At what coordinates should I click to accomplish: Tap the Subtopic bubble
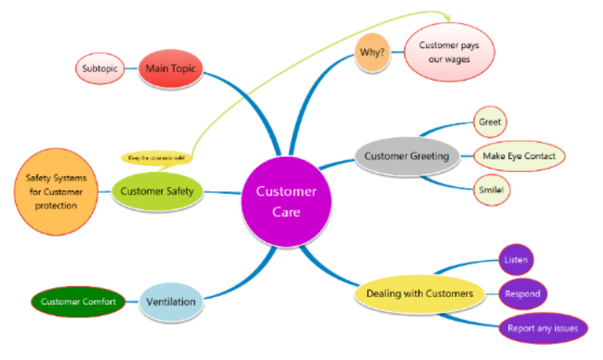tap(99, 68)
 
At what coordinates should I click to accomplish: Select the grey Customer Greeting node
tap(407, 156)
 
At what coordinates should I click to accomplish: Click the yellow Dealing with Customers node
tap(425, 293)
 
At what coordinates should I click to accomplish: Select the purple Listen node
tap(515, 260)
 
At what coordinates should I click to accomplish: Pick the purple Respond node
tap(522, 295)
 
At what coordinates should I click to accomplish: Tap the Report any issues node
tap(542, 328)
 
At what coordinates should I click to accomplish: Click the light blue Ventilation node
tap(171, 301)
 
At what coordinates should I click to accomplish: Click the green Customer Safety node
tap(157, 190)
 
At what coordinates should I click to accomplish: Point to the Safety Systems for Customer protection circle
tap(55, 190)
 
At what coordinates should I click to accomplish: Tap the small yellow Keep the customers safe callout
tap(157, 157)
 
